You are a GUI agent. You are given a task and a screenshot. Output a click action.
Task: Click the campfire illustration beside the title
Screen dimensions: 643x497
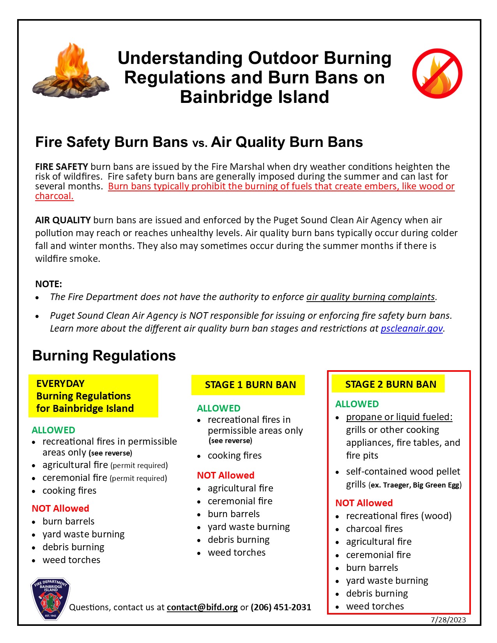71,72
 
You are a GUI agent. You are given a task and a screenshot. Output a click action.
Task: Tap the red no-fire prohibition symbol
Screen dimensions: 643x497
437,74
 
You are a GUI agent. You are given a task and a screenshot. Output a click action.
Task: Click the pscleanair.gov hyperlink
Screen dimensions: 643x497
412,329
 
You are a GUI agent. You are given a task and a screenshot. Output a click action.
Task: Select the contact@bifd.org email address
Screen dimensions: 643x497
202,607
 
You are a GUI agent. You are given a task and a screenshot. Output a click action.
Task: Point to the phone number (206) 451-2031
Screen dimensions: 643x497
281,607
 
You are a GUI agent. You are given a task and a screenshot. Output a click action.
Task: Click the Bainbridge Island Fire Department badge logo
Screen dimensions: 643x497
50,599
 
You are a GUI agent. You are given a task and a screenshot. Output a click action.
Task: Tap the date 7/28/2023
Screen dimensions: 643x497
448,620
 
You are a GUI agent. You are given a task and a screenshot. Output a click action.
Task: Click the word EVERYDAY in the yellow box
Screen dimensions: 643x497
60,383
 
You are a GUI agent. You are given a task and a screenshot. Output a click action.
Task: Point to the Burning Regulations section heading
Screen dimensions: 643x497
104,355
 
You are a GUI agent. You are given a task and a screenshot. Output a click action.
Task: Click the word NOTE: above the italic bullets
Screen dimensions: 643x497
49,284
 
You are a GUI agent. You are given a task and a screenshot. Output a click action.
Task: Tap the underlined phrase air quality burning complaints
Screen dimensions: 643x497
370,297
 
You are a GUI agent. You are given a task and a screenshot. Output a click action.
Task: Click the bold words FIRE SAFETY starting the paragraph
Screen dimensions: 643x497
62,167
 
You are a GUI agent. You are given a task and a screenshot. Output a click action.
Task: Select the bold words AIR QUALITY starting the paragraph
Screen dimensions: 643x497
63,220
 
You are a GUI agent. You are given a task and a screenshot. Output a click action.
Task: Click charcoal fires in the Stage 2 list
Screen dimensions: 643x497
374,529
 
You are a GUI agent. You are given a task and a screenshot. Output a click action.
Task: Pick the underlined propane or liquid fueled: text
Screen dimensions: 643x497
399,417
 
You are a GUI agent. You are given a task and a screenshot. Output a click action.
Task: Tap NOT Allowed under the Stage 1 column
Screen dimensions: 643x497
226,475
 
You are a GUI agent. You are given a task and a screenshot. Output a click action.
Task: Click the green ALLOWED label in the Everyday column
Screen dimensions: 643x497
53,430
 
